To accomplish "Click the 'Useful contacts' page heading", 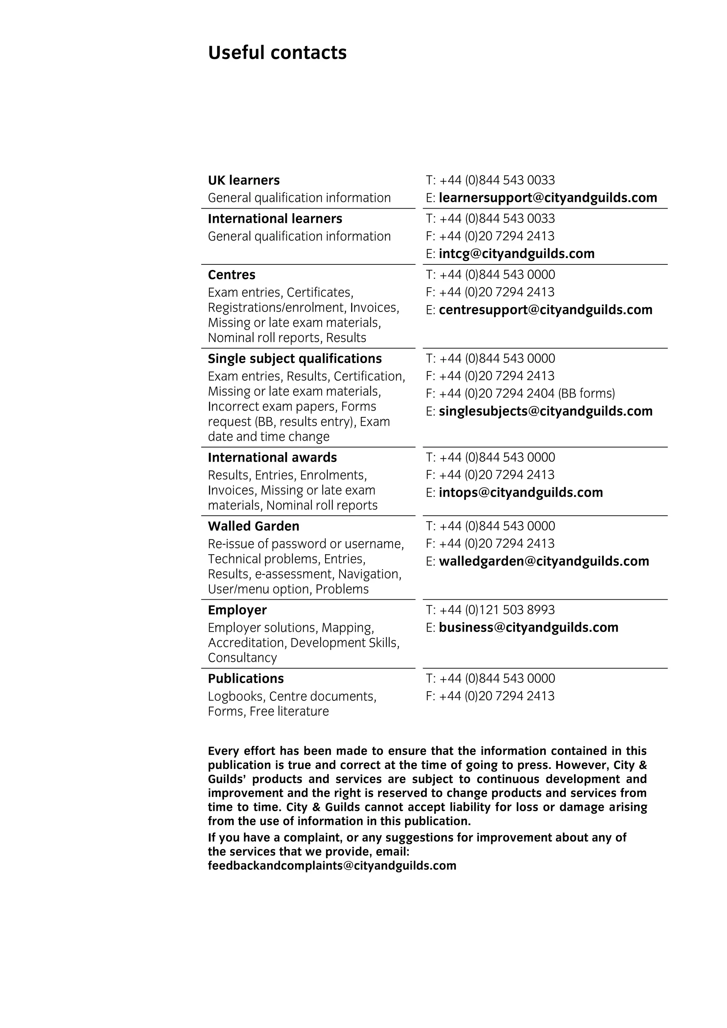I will click(277, 53).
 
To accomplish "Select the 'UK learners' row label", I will click(244, 180).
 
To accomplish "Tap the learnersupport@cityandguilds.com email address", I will click(548, 198).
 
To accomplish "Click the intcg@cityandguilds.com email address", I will click(516, 254).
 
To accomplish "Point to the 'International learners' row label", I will click(275, 219).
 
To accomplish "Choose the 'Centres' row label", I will click(231, 275).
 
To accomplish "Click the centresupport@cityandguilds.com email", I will click(546, 310).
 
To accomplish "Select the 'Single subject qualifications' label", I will click(295, 359).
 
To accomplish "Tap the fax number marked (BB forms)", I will click(520, 394).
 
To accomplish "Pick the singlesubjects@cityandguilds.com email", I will click(546, 412).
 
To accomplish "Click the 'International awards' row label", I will click(272, 458).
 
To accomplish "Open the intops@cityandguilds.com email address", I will click(520, 493).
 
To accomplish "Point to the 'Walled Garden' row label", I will click(253, 527).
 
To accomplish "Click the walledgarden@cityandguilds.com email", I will click(544, 561).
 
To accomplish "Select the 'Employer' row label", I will click(237, 610).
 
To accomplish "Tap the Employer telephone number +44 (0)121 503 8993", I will click(497, 610).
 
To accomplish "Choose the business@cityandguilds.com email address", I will click(529, 628).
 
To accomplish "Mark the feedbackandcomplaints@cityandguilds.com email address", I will click(332, 866).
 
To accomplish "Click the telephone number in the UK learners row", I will click(497, 180).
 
